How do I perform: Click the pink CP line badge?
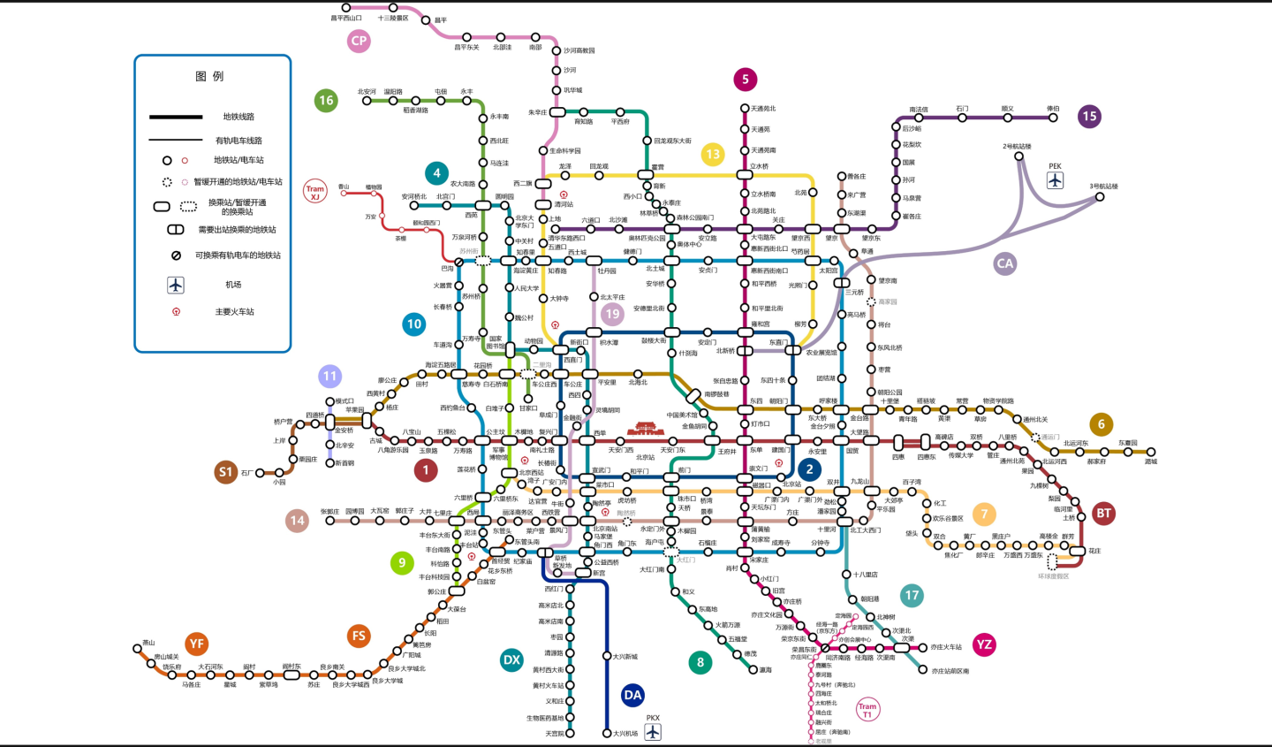pos(359,41)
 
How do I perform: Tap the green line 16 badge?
pos(326,100)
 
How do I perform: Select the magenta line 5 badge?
pos(745,80)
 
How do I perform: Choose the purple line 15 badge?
pos(1089,116)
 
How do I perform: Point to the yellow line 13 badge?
pos(713,155)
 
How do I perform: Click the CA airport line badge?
pos(1005,263)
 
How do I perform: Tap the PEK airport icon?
pos(1055,180)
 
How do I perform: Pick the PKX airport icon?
pos(653,731)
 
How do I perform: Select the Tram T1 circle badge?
pos(867,709)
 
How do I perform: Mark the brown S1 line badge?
pos(226,472)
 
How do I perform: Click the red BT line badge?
pos(1103,513)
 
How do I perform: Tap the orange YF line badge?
pos(196,644)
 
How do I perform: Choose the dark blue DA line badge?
pos(632,695)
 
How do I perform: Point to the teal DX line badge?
pos(511,659)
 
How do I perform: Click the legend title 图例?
pos(209,77)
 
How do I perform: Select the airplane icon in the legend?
pos(176,285)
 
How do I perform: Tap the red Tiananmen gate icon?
pos(645,429)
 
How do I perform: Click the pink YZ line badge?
pos(984,644)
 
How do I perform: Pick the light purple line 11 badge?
pos(329,377)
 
